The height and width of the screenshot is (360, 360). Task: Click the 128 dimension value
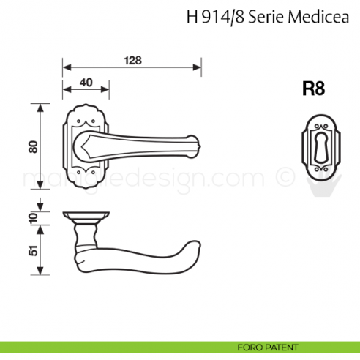click(x=132, y=60)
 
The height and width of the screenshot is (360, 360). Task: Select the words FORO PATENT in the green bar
click(x=268, y=347)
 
